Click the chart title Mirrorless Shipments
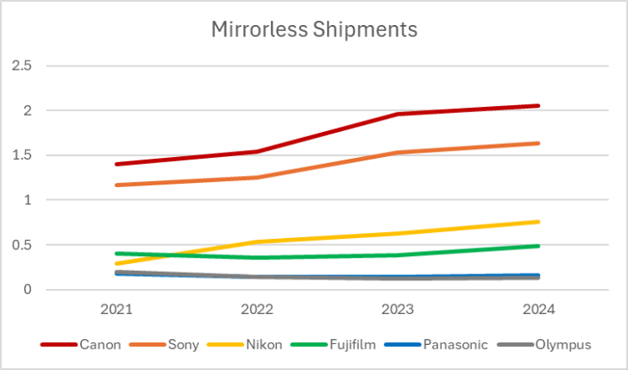click(x=314, y=29)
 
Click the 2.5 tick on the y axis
click(x=21, y=66)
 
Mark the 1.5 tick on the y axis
click(x=21, y=155)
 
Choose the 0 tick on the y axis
click(x=28, y=290)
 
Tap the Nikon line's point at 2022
click(x=258, y=241)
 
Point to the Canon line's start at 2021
click(x=117, y=164)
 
